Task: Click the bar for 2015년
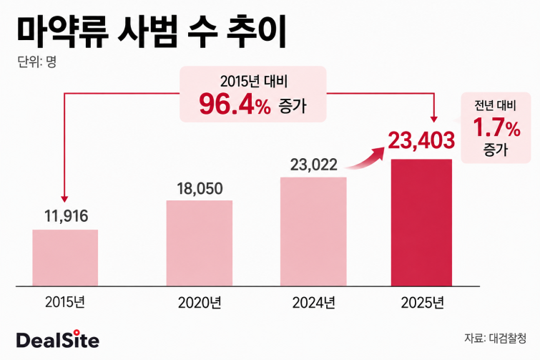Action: pyautogui.click(x=65, y=258)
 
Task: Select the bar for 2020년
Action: pyautogui.click(x=200, y=243)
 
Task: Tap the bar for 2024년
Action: pyautogui.click(x=313, y=231)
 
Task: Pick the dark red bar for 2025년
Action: pyautogui.click(x=421, y=223)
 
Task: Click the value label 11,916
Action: pyautogui.click(x=66, y=216)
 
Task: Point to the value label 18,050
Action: pyautogui.click(x=200, y=188)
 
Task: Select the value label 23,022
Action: pyautogui.click(x=313, y=165)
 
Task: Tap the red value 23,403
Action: pyautogui.click(x=421, y=140)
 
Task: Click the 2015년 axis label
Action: pyautogui.click(x=65, y=302)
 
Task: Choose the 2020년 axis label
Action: pyautogui.click(x=200, y=303)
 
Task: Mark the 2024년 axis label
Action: pyautogui.click(x=313, y=303)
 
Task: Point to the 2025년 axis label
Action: pyautogui.click(x=422, y=303)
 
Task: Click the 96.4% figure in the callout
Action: pyautogui.click(x=235, y=104)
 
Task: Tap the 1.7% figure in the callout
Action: pyautogui.click(x=496, y=127)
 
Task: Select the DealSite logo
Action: pyautogui.click(x=58, y=340)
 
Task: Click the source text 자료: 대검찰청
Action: pyautogui.click(x=495, y=338)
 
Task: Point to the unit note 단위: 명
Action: pyautogui.click(x=37, y=62)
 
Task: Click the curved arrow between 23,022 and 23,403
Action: pyautogui.click(x=365, y=157)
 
